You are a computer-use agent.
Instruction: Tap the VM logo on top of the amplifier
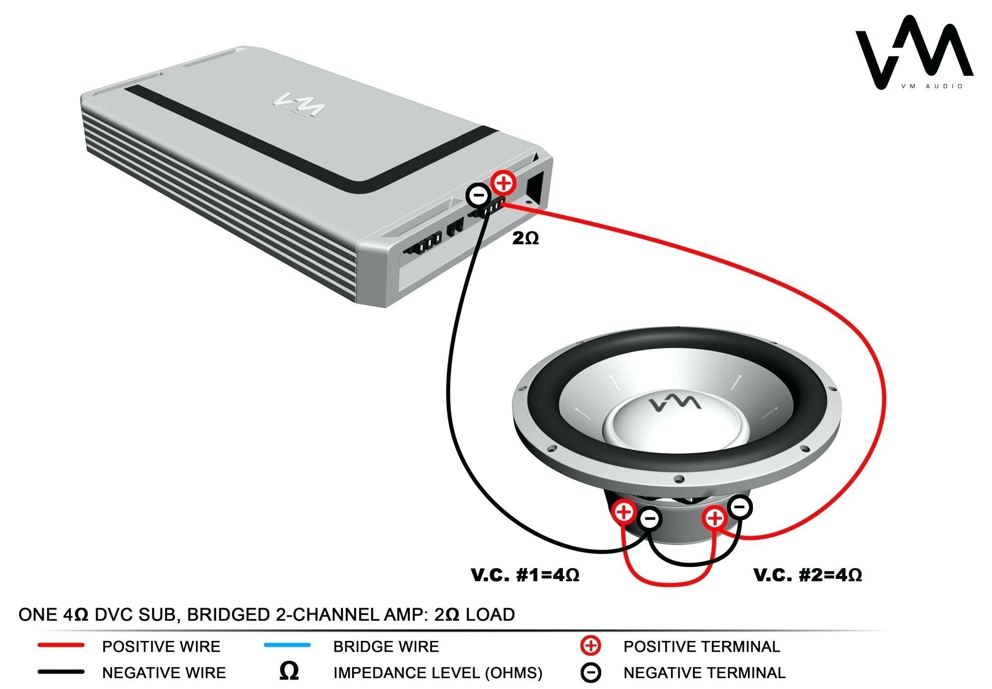(300, 103)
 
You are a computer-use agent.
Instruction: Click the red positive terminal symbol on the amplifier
(503, 183)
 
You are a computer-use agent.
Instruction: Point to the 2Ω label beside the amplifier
(525, 238)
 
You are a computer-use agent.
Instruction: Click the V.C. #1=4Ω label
(525, 575)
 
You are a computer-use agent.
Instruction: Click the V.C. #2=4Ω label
(807, 575)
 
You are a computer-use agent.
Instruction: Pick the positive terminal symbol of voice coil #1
(624, 512)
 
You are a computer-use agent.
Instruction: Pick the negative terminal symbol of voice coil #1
(650, 519)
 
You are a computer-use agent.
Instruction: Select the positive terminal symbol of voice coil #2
(715, 518)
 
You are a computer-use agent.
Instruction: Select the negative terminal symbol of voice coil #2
(740, 507)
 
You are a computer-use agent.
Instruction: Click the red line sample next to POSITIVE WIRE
(61, 645)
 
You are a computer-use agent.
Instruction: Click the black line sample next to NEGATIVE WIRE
(61, 672)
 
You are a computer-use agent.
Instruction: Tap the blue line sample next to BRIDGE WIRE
(288, 645)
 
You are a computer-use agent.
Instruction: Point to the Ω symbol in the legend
(289, 672)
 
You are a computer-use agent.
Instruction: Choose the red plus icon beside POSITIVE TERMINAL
(591, 646)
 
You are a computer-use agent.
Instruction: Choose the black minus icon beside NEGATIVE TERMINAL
(591, 673)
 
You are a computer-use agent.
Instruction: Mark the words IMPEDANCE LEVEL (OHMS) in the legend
(437, 673)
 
